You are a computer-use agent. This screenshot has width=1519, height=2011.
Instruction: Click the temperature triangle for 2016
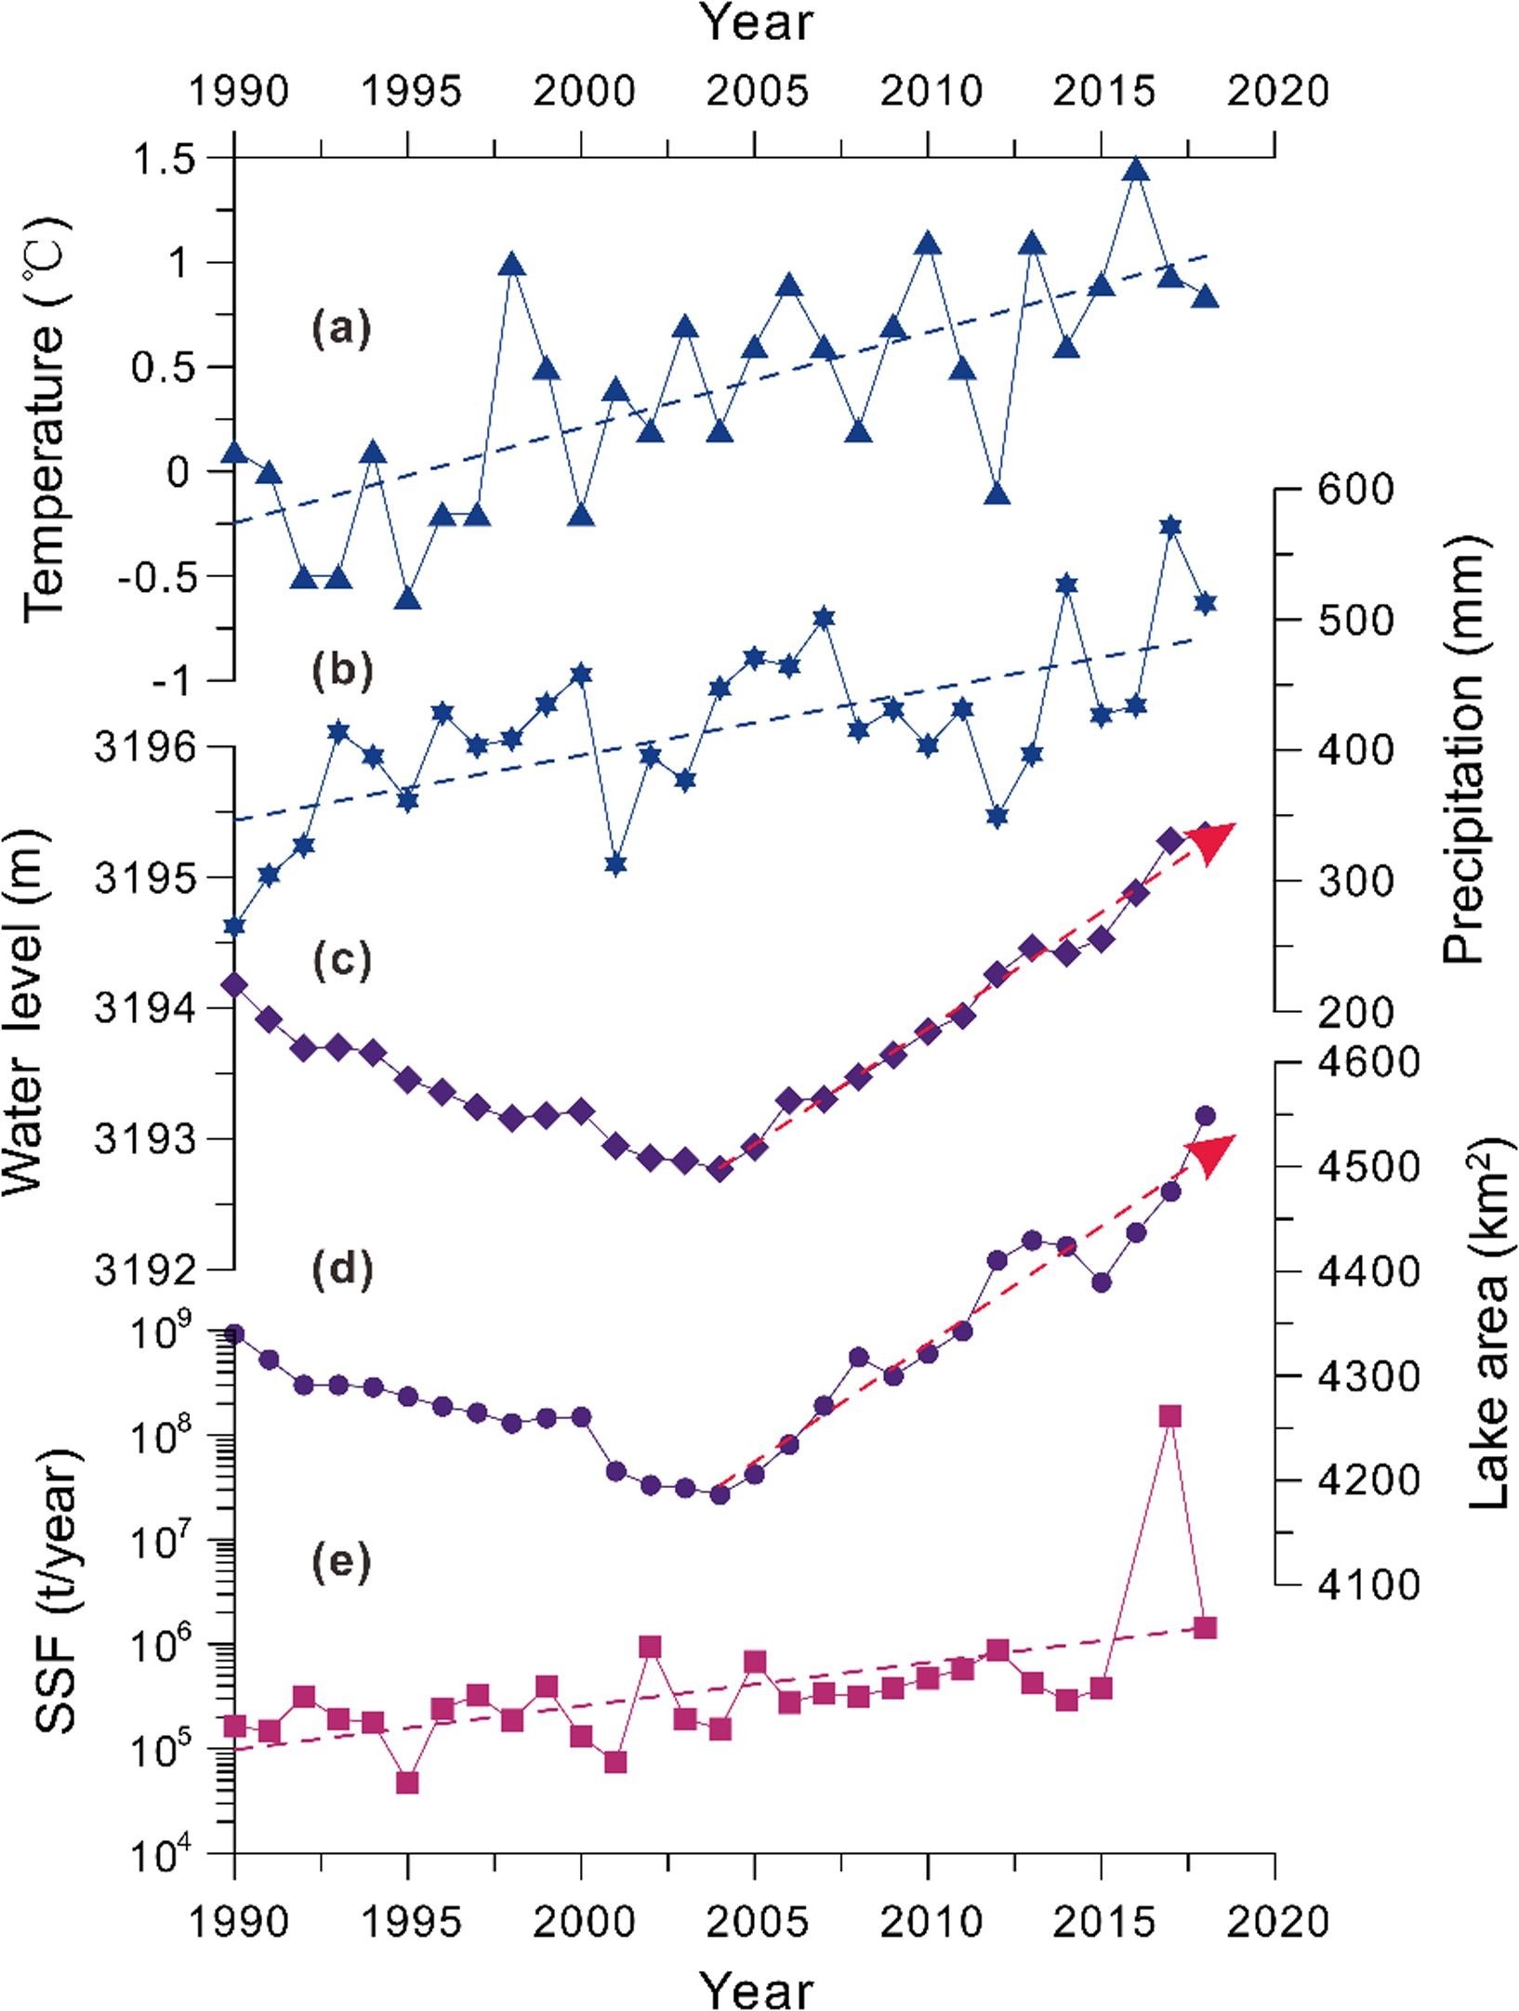1136,170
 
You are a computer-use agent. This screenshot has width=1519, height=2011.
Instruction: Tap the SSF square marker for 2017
1170,1415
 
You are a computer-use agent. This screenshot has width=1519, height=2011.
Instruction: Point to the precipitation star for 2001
615,864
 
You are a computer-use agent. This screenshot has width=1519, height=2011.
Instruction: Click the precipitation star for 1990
234,926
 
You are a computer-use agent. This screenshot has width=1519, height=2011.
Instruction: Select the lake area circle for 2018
1206,1115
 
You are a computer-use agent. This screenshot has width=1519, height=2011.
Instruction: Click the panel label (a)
340,328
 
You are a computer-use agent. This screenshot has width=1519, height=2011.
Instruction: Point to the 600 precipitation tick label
1356,490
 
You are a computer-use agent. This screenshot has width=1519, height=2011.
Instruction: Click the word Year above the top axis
758,22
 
